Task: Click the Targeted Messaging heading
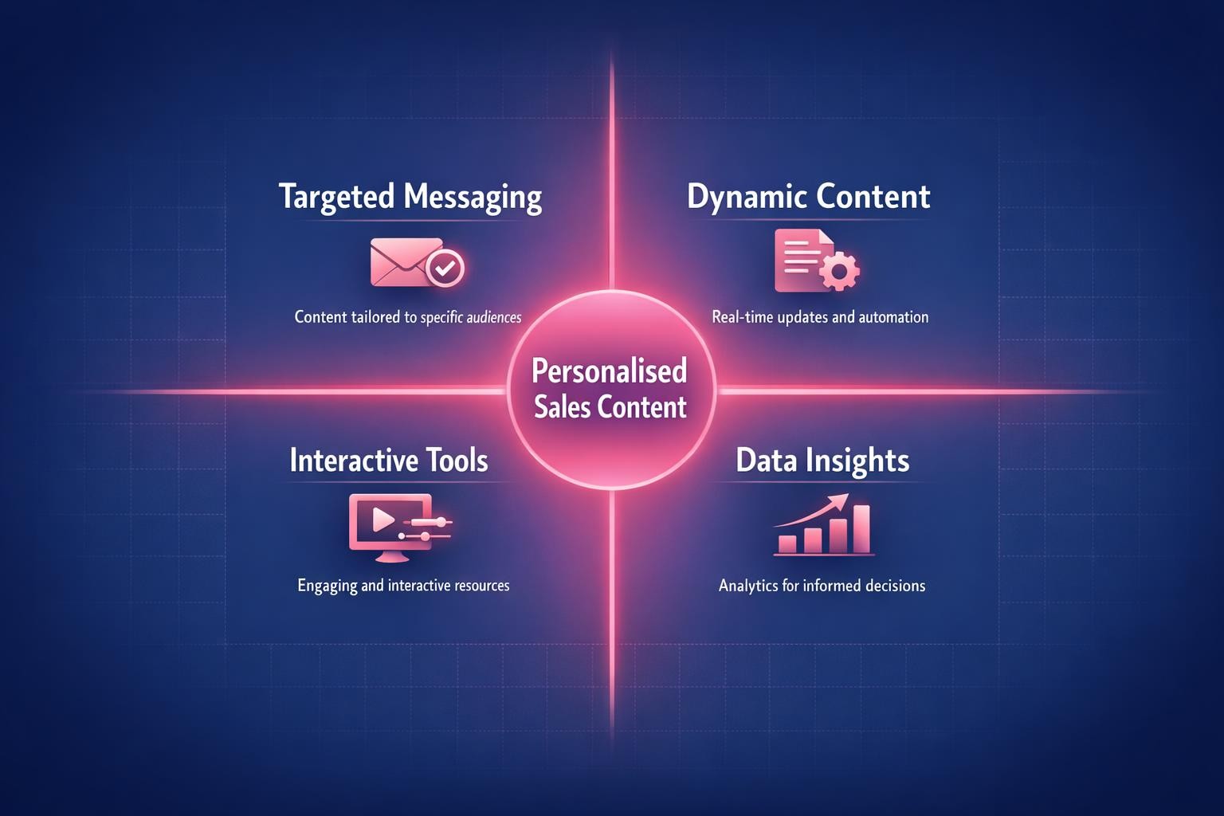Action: point(410,197)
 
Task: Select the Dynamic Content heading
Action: point(808,197)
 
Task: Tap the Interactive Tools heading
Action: point(389,461)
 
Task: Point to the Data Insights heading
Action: point(822,461)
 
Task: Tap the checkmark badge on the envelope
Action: point(445,268)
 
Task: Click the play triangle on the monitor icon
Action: point(382,520)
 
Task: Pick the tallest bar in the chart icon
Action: point(861,528)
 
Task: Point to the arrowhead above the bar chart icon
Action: point(838,501)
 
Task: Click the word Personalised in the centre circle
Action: point(609,371)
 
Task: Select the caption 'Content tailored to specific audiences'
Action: point(408,317)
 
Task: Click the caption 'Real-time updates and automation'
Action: point(820,317)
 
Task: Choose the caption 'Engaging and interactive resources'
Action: point(403,586)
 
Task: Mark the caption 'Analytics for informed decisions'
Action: point(822,586)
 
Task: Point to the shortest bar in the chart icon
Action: point(787,543)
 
